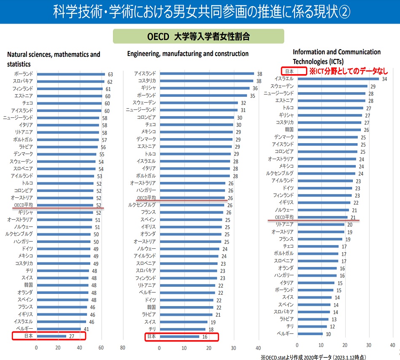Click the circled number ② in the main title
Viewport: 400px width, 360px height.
[344, 12]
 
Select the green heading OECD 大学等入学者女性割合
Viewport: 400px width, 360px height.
[199, 36]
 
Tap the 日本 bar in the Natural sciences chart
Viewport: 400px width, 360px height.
[51, 336]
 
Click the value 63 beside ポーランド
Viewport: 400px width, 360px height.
[110, 74]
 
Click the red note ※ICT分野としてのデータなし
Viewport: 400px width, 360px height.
[349, 71]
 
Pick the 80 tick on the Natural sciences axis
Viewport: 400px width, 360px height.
[122, 347]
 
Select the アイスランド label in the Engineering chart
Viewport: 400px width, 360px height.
[145, 74]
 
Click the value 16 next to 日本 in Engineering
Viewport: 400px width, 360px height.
[205, 337]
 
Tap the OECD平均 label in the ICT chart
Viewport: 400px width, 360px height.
[284, 217]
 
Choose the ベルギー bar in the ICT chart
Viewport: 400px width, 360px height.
[310, 334]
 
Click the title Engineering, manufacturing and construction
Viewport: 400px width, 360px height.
[188, 54]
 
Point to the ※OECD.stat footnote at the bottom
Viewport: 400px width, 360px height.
[316, 356]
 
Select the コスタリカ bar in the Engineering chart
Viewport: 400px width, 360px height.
[206, 81]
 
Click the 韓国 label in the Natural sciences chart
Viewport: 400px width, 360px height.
[27, 285]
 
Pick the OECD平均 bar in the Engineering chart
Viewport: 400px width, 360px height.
[192, 197]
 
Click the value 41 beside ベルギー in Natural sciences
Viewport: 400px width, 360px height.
[86, 328]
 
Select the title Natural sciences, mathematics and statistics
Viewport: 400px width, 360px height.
[54, 59]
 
